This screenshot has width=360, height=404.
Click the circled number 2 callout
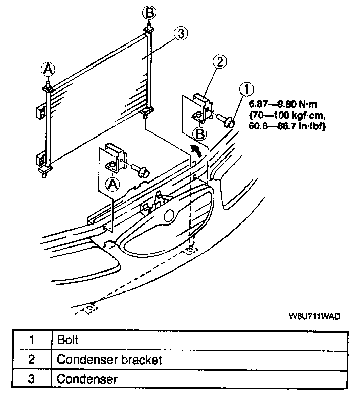218,62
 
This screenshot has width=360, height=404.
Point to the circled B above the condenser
148,11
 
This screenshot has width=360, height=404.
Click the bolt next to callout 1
226,120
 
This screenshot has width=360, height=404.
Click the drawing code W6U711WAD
314,316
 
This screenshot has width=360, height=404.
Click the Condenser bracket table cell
109,360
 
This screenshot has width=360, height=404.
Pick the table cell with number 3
31,379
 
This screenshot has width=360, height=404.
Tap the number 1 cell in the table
31,340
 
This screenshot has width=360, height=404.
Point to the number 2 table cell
31,360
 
